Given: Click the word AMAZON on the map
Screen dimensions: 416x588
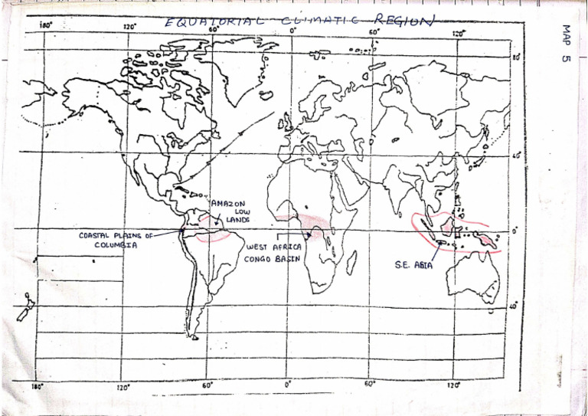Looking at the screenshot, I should point(228,203).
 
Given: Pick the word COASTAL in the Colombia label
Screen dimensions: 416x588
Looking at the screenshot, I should point(96,235).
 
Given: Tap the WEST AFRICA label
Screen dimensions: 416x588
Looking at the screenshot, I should point(273,247).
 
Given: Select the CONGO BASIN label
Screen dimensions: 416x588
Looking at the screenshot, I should point(270,259).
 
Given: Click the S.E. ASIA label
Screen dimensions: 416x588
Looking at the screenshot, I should point(412,264).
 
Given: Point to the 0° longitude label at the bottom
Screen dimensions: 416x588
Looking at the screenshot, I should point(287,383).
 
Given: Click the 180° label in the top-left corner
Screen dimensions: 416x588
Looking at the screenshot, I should point(45,25).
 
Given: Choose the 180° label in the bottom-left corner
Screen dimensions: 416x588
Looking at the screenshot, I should point(36,386).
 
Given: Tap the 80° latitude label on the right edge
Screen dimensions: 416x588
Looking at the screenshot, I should point(515,57).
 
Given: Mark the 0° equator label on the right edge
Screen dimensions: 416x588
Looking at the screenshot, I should point(514,229).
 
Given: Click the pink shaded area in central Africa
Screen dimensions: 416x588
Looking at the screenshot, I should point(313,224).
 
